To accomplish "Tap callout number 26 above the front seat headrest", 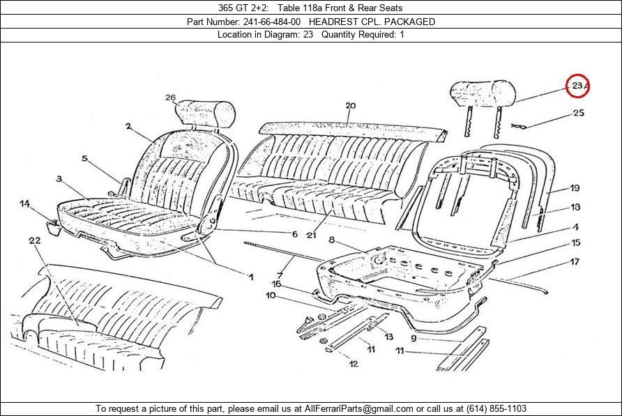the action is point(170,98).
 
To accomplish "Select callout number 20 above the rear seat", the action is point(350,106).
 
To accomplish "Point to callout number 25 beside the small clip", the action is point(579,113).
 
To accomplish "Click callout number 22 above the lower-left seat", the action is point(35,240).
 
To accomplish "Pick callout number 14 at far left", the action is point(24,204).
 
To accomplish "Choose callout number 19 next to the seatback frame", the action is point(575,188).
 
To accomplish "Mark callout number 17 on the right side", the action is point(575,262).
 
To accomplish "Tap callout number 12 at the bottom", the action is point(354,364).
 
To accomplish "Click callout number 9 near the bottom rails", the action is point(414,338).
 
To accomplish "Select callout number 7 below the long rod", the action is point(280,275).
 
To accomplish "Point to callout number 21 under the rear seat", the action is point(312,235).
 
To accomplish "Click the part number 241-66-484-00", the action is point(272,22).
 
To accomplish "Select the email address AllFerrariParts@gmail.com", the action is point(358,409).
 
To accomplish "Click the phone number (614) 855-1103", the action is point(496,409).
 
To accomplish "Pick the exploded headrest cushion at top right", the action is point(483,93).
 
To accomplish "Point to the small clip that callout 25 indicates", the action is point(519,127).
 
